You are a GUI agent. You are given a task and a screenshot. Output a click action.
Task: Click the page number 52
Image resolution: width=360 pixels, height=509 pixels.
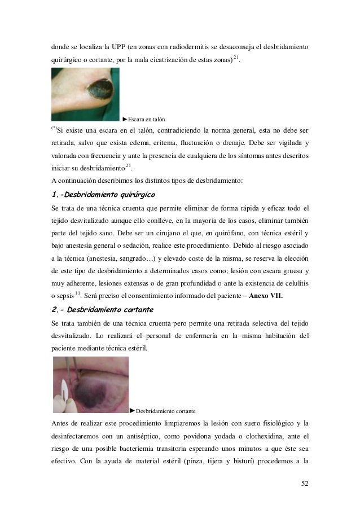click(305, 483)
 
